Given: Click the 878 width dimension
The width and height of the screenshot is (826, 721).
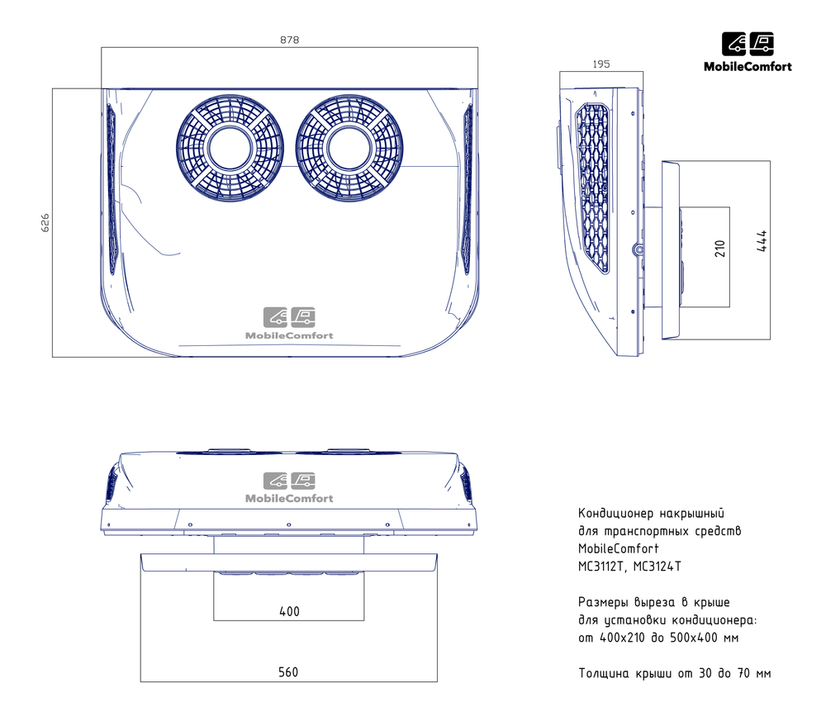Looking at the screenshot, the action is [x=289, y=40].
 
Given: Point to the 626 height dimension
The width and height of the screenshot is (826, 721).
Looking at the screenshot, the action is [x=45, y=223].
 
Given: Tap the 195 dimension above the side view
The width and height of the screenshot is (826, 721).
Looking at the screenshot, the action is [x=601, y=64].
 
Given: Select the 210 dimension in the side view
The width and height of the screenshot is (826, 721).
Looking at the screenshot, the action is [x=720, y=249].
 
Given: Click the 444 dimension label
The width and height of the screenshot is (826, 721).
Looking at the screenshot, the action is [x=762, y=241].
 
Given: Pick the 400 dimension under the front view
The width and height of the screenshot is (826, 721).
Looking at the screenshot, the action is [x=289, y=611].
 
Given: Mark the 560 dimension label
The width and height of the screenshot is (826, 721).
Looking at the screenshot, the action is [x=288, y=672].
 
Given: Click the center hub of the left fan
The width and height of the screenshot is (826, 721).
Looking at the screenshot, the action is [x=230, y=148].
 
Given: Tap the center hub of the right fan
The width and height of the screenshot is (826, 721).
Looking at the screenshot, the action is [x=349, y=148].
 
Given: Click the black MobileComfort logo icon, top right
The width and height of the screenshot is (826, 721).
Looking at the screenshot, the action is [x=748, y=44].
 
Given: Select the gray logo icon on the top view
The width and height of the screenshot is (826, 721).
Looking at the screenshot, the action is [x=289, y=317].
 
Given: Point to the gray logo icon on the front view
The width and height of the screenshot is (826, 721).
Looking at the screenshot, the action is [x=289, y=481].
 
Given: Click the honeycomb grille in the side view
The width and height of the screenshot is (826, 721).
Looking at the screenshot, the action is [x=593, y=188].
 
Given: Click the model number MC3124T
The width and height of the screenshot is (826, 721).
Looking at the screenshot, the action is [x=657, y=567].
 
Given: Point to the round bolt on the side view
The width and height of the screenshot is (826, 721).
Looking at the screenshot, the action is [x=638, y=249].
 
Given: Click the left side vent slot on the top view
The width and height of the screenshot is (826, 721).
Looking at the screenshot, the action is [x=112, y=189].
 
